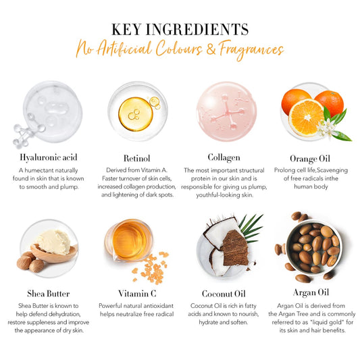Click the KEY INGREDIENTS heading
tap(180, 30)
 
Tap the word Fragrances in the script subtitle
tap(251, 50)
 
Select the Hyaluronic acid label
tap(49, 158)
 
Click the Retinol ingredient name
tap(137, 158)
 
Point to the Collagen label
tap(224, 158)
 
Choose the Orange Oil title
tap(310, 159)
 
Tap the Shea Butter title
tap(48, 294)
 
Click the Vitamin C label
tap(137, 294)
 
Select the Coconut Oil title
tap(224, 294)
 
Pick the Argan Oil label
tap(311, 292)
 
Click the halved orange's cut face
tap(307, 118)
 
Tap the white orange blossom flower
tap(326, 128)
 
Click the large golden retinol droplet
tap(136, 114)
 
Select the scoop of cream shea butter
tap(54, 242)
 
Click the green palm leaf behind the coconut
tap(251, 228)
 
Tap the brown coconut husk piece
tap(235, 249)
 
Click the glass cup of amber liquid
tap(128, 240)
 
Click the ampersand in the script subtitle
tap(211, 49)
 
